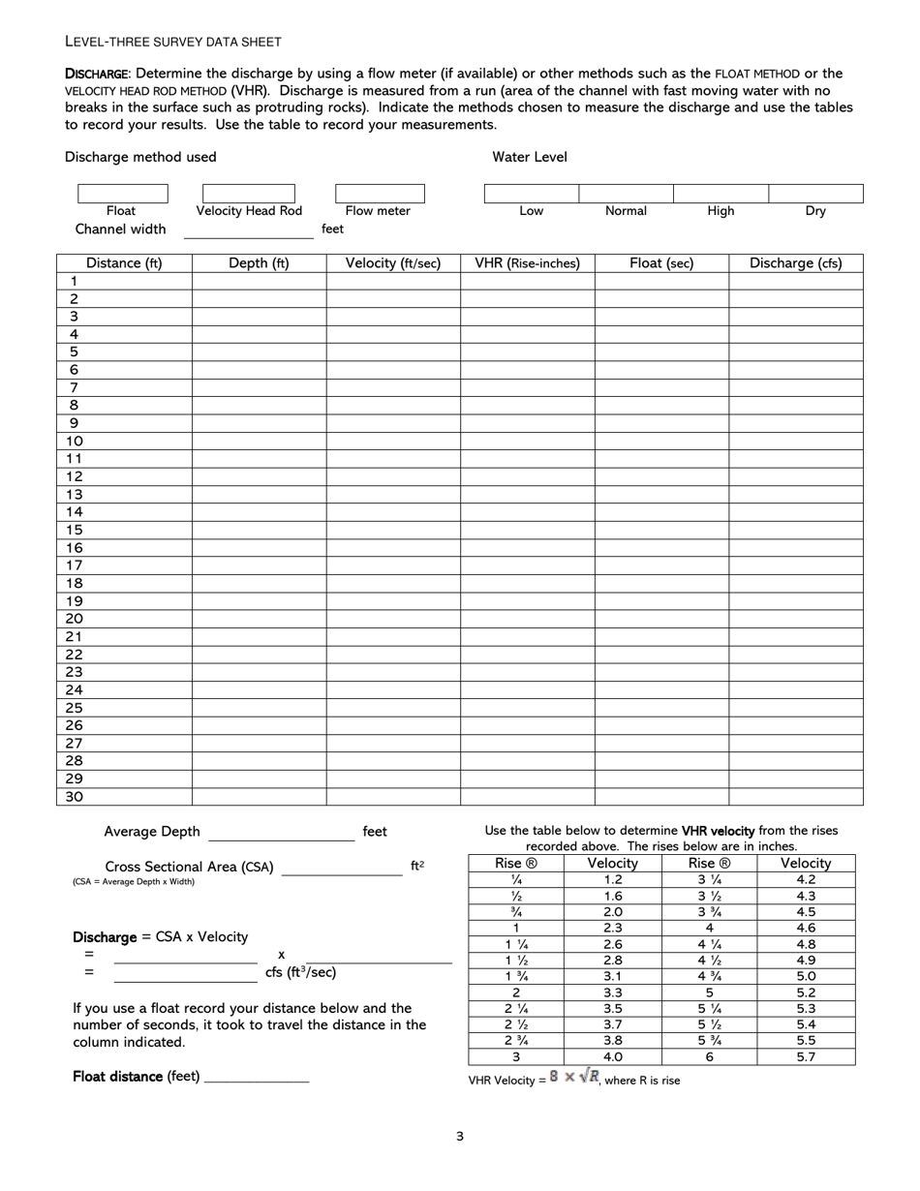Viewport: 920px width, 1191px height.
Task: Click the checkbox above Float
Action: click(122, 194)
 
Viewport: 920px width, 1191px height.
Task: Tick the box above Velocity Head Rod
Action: click(249, 194)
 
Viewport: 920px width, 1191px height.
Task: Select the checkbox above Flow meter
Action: click(379, 194)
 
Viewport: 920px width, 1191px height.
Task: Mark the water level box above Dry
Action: click(815, 194)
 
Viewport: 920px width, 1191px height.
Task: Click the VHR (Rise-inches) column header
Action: click(527, 263)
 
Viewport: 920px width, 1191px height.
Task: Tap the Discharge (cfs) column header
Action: click(795, 263)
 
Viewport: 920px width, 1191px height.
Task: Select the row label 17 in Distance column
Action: click(75, 565)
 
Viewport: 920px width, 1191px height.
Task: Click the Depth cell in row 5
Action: click(259, 352)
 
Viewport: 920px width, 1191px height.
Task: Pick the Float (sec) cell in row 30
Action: click(661, 797)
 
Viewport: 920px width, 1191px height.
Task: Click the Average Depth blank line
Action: click(281, 833)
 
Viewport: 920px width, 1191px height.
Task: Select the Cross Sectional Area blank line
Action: click(341, 869)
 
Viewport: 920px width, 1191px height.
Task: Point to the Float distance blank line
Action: click(257, 1078)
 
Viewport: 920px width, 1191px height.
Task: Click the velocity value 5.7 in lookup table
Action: click(806, 1057)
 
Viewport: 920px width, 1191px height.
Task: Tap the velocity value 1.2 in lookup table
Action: click(612, 880)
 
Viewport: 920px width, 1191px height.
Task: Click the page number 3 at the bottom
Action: click(460, 1137)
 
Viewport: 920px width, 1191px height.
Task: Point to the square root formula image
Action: click(574, 1077)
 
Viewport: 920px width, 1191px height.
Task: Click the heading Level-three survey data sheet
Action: click(173, 42)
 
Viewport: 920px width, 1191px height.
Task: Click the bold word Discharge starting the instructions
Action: click(96, 74)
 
